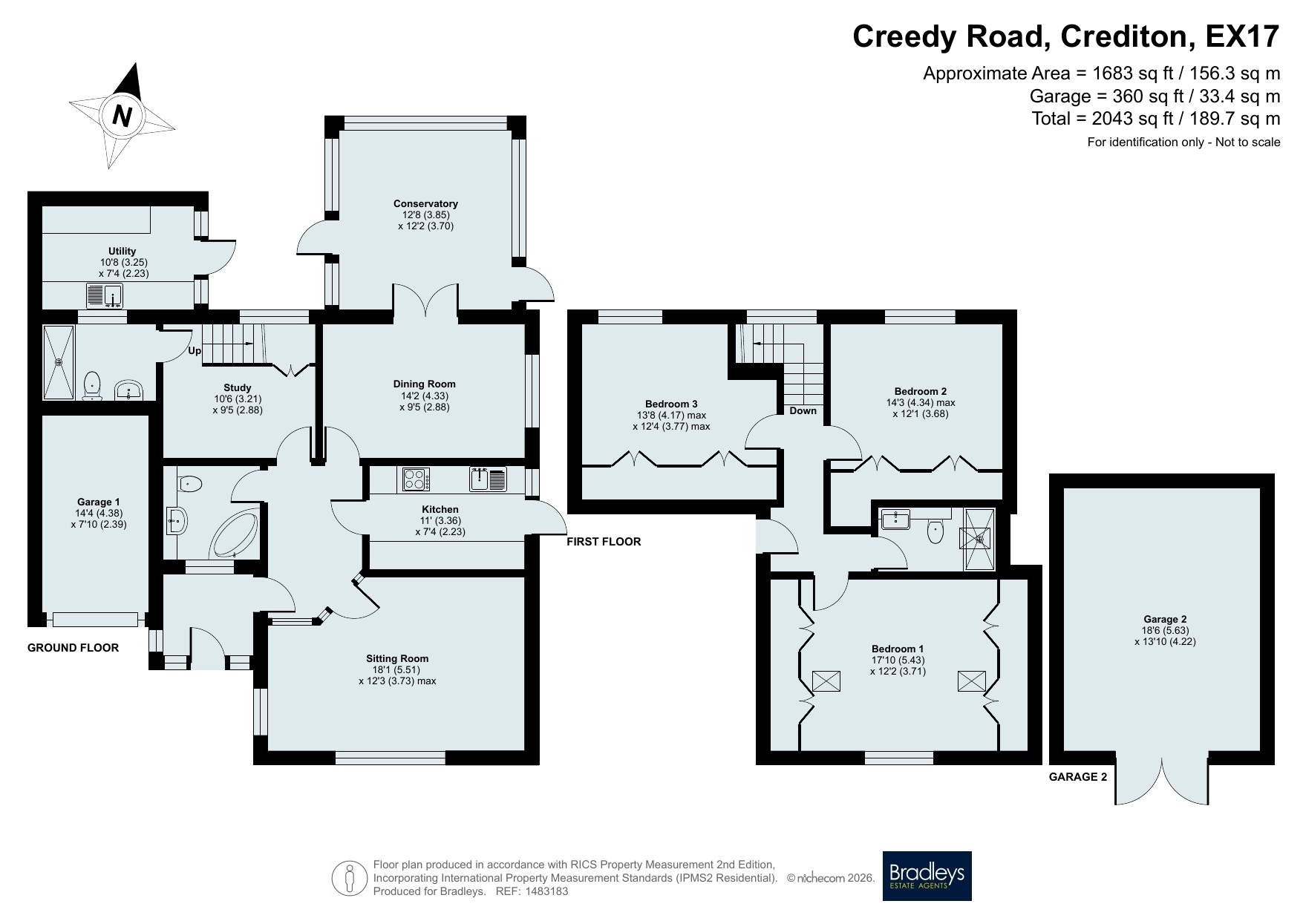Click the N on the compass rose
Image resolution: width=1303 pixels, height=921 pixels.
click(x=123, y=116)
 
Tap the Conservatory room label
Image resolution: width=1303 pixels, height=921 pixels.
click(x=425, y=203)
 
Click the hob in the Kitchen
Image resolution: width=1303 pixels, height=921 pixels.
click(x=417, y=479)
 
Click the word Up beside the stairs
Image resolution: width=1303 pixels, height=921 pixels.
click(x=195, y=351)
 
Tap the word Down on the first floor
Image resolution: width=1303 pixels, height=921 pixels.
click(x=803, y=410)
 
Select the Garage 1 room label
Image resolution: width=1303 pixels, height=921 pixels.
click(x=99, y=502)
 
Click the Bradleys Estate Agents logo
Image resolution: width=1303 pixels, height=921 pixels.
click(x=927, y=876)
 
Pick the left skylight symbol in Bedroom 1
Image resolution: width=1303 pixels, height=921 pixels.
click(x=826, y=681)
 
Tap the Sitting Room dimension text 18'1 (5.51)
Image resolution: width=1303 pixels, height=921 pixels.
click(x=397, y=669)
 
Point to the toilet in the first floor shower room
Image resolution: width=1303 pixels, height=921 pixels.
click(x=935, y=529)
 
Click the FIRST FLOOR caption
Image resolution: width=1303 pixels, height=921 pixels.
click(x=604, y=542)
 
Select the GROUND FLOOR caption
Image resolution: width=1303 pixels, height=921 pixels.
click(x=73, y=648)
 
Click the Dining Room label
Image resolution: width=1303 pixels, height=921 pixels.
click(x=425, y=384)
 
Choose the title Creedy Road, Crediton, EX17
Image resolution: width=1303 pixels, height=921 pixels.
click(x=1066, y=36)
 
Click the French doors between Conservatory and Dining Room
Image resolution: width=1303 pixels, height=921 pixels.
click(x=425, y=301)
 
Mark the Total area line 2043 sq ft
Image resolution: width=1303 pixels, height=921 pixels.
click(x=1156, y=118)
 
